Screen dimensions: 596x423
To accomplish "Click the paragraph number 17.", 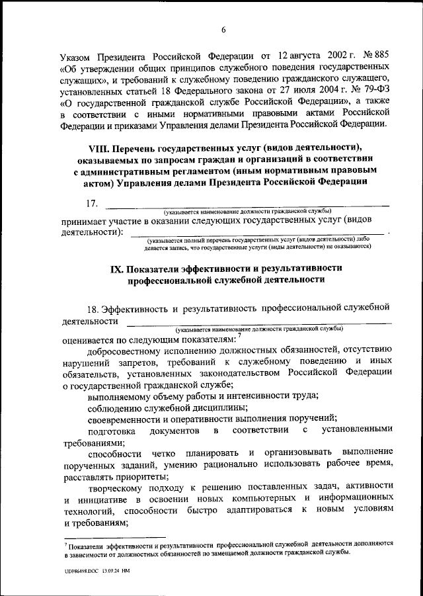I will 94,202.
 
